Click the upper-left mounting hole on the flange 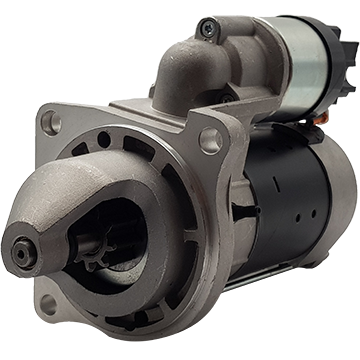(50, 122)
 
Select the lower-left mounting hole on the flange (47, 303)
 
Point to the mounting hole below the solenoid (209, 140)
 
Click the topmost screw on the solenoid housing (207, 27)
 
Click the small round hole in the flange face (104, 139)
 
